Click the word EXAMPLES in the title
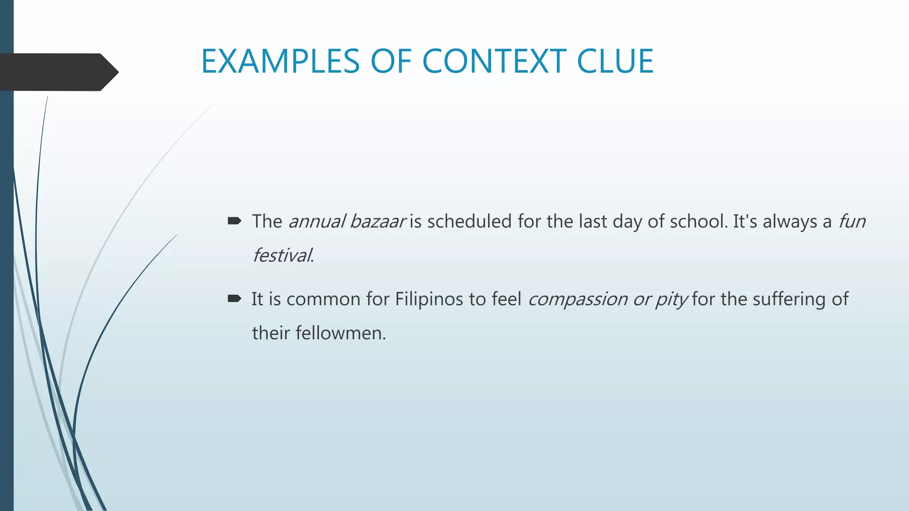coord(280,61)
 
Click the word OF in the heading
coord(391,61)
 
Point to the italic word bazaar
coord(378,221)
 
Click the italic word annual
coord(316,221)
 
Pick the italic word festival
coord(282,255)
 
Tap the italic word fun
coord(852,221)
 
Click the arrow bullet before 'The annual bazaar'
coord(234,220)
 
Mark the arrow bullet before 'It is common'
coord(234,299)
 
